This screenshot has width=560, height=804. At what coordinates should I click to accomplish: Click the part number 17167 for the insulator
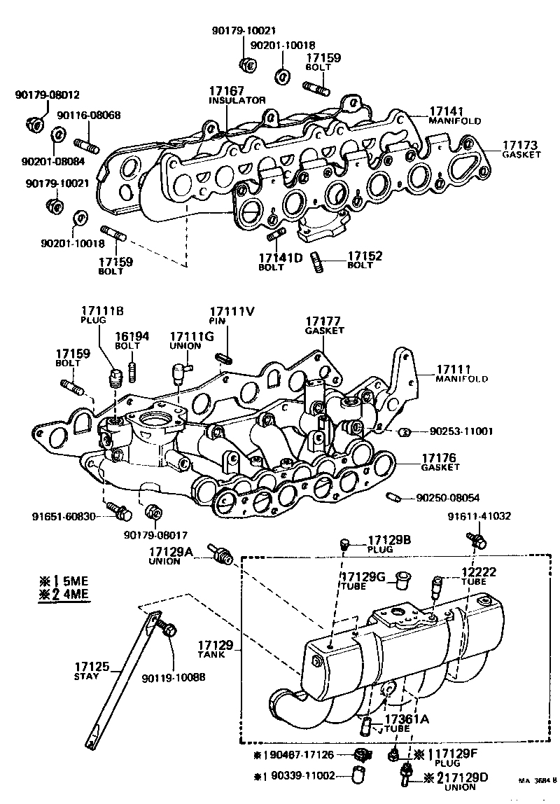pyautogui.click(x=226, y=91)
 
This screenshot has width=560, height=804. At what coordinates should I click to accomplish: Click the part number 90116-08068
pyautogui.click(x=88, y=115)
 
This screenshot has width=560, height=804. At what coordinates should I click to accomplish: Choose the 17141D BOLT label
pyautogui.click(x=280, y=262)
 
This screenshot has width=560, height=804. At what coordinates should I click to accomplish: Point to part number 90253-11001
pyautogui.click(x=451, y=431)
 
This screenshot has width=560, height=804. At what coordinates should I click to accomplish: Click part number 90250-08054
pyautogui.click(x=448, y=498)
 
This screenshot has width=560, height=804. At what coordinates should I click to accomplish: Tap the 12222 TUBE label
pyautogui.click(x=479, y=576)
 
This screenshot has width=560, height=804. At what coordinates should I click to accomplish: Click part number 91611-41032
pyautogui.click(x=479, y=517)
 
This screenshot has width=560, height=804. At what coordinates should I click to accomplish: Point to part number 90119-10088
pyautogui.click(x=173, y=678)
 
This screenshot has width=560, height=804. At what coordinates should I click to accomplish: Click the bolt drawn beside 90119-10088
pyautogui.click(x=166, y=629)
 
